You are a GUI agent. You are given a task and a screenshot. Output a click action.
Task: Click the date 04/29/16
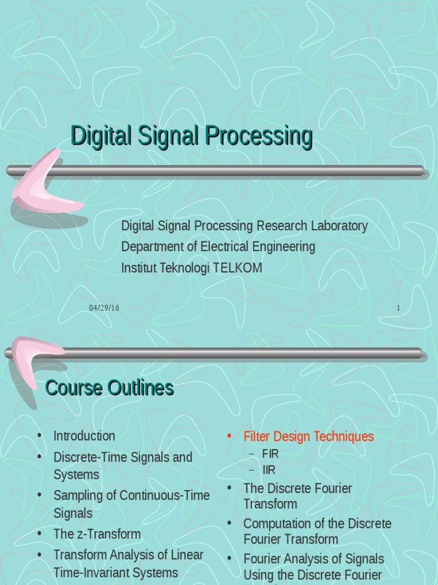click(104, 308)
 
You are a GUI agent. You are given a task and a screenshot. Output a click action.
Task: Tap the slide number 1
click(398, 308)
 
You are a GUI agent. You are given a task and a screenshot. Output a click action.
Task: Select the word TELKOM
click(238, 268)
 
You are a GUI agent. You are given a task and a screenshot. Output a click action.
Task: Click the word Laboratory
click(339, 226)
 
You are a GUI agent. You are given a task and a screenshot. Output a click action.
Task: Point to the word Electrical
click(211, 247)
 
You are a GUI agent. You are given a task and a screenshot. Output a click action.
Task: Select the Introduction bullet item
click(84, 436)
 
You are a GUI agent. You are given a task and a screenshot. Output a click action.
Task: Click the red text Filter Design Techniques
click(309, 436)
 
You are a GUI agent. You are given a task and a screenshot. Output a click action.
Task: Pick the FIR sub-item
click(270, 454)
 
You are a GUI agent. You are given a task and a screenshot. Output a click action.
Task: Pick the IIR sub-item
click(269, 470)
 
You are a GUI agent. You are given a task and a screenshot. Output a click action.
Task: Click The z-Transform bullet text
click(97, 534)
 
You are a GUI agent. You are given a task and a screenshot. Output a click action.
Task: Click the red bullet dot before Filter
click(229, 436)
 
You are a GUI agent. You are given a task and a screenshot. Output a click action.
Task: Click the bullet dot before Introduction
click(39, 435)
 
